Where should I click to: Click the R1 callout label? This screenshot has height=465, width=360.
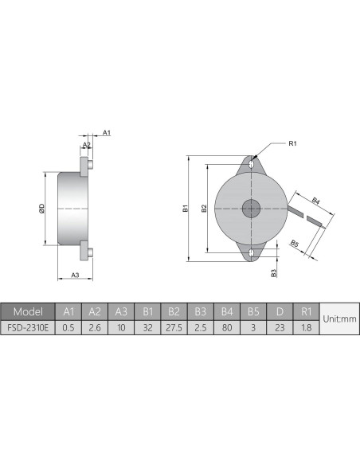292,143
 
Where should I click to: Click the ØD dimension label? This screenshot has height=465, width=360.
41,209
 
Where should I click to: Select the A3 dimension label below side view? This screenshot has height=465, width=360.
75,275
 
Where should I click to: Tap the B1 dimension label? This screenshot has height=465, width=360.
185,209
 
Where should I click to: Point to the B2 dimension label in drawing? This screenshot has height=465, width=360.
205,209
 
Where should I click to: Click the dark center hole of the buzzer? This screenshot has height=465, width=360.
252,209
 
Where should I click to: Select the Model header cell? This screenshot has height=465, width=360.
27,311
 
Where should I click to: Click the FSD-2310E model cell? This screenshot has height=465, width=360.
27,326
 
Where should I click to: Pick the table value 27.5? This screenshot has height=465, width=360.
173,326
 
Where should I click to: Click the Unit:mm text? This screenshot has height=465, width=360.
338,318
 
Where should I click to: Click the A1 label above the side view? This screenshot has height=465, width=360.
106,133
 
